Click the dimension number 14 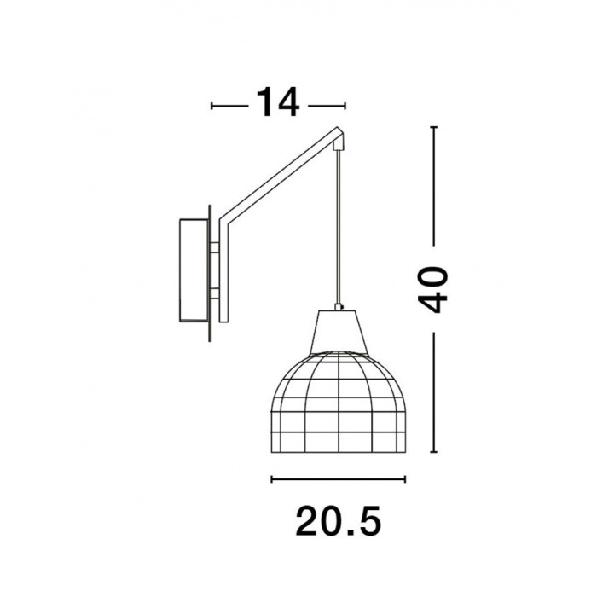pyautogui.click(x=278, y=102)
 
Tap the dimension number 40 pyautogui.click(x=433, y=290)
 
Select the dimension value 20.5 pyautogui.click(x=338, y=521)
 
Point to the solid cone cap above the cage pyautogui.click(x=338, y=331)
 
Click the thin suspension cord pyautogui.click(x=338, y=227)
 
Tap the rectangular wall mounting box pyautogui.click(x=194, y=270)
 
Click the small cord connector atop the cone pyautogui.click(x=339, y=307)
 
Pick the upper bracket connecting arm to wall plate pyautogui.click(x=214, y=248)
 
